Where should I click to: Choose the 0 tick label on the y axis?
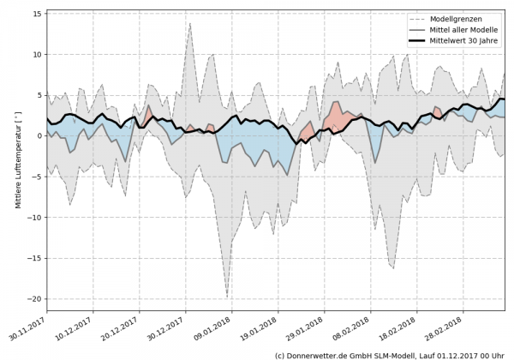[x=39, y=135]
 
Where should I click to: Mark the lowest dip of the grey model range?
[x=227, y=297]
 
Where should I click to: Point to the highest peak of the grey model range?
[x=190, y=23]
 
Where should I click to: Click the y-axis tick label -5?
[x=37, y=177]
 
